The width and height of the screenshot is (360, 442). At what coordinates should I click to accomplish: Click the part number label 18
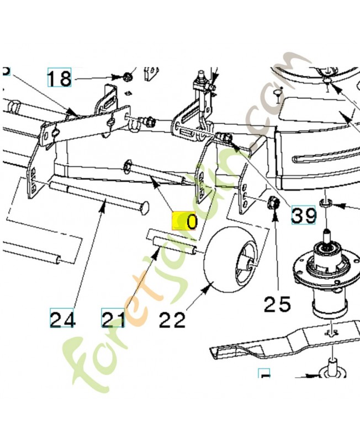click(59, 78)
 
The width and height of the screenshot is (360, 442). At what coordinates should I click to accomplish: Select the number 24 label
click(63, 319)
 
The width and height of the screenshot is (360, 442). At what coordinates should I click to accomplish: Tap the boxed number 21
click(113, 319)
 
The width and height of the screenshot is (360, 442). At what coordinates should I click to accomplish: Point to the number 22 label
click(172, 319)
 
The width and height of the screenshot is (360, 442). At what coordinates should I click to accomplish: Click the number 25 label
click(276, 303)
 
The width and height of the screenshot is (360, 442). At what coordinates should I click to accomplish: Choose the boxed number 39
click(304, 214)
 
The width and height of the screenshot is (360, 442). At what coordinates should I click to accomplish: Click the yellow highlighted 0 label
click(185, 222)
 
